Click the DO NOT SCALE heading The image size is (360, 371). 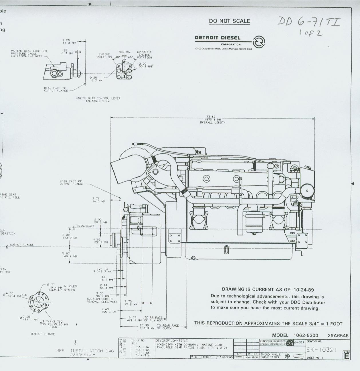coord(229,21)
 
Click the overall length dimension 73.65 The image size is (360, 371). coord(212,117)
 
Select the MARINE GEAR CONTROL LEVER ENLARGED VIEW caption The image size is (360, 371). coord(98,100)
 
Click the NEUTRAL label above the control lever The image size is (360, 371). coord(125,52)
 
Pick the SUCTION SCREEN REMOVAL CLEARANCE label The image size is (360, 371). coord(102,300)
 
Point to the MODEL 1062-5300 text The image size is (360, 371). coord(295,335)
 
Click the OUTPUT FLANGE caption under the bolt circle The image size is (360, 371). coord(43,334)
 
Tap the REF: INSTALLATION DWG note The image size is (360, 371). coord(85,351)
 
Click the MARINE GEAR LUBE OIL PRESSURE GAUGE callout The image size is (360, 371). coord(29,53)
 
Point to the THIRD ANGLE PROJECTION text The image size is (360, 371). coord(270,356)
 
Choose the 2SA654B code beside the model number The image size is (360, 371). coord(338,335)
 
